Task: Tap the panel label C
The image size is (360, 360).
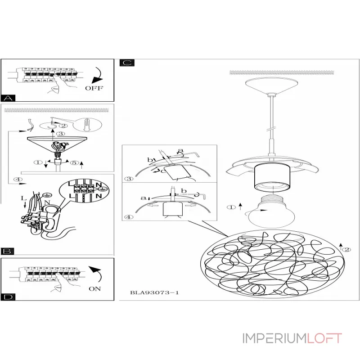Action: (126, 63)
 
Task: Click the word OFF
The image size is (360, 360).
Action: (94, 88)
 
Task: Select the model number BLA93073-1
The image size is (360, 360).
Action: (154, 292)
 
